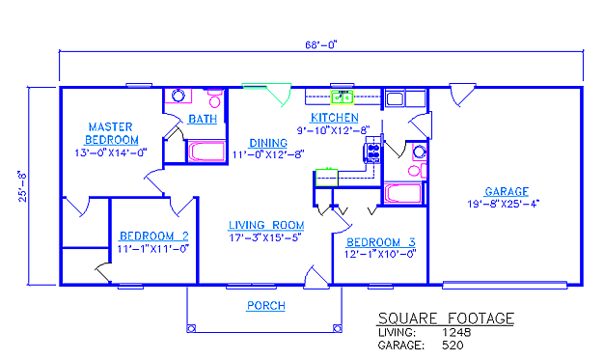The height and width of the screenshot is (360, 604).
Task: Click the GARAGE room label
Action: (x=507, y=191)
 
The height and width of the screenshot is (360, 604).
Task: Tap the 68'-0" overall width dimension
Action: (x=321, y=45)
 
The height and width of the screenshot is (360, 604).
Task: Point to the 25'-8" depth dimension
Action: (x=23, y=186)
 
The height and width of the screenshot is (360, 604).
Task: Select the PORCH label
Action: (x=265, y=306)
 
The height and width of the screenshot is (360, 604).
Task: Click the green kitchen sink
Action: (x=343, y=97)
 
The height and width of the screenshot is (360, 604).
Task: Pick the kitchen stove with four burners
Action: (x=372, y=152)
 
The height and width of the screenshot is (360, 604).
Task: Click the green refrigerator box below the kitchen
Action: (x=327, y=178)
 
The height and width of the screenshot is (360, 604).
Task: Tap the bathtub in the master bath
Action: (x=206, y=152)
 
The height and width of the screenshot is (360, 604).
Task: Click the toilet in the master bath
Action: (x=214, y=98)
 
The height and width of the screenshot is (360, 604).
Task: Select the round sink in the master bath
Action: (x=178, y=96)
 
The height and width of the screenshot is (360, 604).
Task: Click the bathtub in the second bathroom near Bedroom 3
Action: (x=403, y=193)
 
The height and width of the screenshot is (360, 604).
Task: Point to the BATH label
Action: (x=203, y=119)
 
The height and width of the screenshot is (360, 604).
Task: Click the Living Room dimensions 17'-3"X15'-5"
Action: (x=265, y=237)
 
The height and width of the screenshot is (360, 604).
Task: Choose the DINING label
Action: (x=268, y=143)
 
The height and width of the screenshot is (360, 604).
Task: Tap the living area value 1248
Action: (x=456, y=332)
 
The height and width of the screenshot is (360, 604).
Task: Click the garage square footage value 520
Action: (x=453, y=345)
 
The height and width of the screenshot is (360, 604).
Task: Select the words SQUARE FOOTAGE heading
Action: (x=446, y=318)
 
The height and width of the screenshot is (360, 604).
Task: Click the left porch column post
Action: (x=191, y=328)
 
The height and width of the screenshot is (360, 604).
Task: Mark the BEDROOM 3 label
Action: (x=381, y=242)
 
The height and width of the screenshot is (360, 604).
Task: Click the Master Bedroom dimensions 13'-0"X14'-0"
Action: (x=111, y=152)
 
